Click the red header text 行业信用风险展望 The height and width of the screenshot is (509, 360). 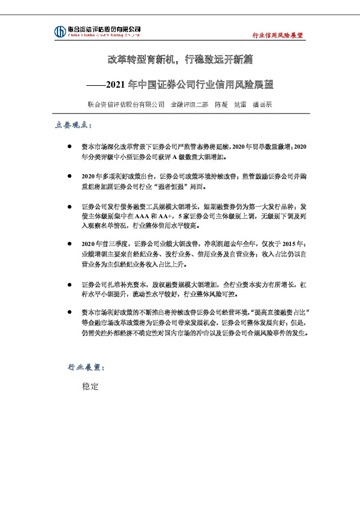click(x=277, y=36)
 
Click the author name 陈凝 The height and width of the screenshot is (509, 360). click(x=221, y=104)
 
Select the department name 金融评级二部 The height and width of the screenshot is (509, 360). click(x=189, y=104)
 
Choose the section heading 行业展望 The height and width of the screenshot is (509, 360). click(x=85, y=367)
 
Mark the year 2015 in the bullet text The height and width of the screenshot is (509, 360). click(x=291, y=244)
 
